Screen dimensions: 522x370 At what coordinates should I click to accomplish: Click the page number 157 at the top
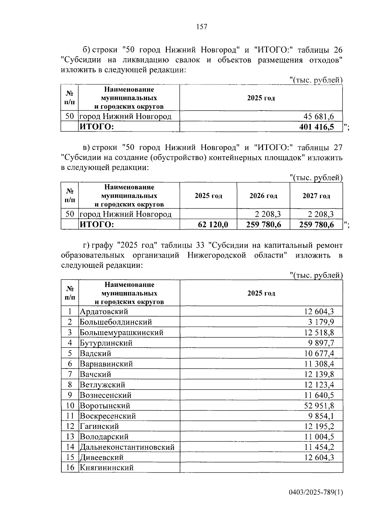(202, 27)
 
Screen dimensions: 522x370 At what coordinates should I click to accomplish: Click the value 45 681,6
(319, 116)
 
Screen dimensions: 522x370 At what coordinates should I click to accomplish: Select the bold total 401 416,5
(316, 127)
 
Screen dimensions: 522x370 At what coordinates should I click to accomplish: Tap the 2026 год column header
(263, 196)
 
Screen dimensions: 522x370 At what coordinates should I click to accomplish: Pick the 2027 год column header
(316, 196)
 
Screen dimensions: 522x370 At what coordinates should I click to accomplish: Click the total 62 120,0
(213, 224)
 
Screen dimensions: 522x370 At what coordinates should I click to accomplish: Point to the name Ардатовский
(104, 312)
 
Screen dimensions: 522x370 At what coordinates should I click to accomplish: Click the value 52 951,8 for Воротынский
(319, 406)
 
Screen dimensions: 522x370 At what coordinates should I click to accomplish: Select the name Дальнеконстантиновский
(127, 447)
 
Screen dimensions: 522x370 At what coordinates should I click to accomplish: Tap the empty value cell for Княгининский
(261, 467)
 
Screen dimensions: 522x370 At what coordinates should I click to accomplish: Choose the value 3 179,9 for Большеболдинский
(321, 322)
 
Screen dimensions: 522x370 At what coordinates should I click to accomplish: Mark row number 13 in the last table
(70, 437)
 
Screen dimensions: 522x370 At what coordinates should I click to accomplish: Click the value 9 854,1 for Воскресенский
(321, 416)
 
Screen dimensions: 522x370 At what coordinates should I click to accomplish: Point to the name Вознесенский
(105, 395)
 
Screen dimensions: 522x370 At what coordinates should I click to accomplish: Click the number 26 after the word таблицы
(338, 50)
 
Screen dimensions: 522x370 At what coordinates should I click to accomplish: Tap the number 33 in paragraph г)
(200, 245)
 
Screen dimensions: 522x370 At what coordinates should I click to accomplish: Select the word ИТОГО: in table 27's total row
(97, 224)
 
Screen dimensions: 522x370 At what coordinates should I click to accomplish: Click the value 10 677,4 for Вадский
(319, 353)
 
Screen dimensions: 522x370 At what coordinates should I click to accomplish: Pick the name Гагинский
(99, 426)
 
